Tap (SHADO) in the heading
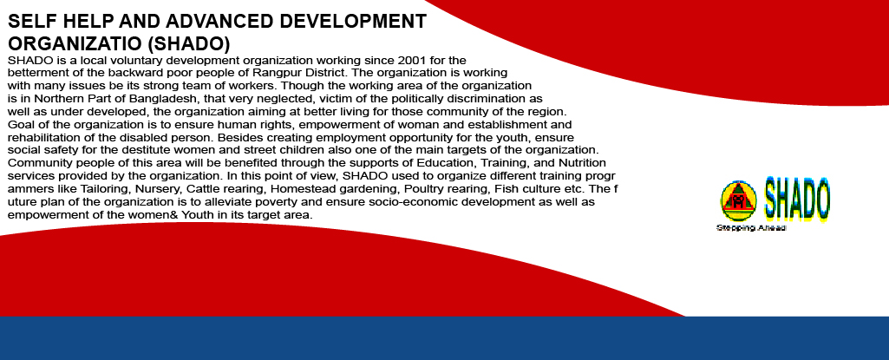point(193,43)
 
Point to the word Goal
point(19,124)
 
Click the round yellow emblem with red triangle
point(738,200)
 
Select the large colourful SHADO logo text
point(796,199)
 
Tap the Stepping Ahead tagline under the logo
point(751,228)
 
